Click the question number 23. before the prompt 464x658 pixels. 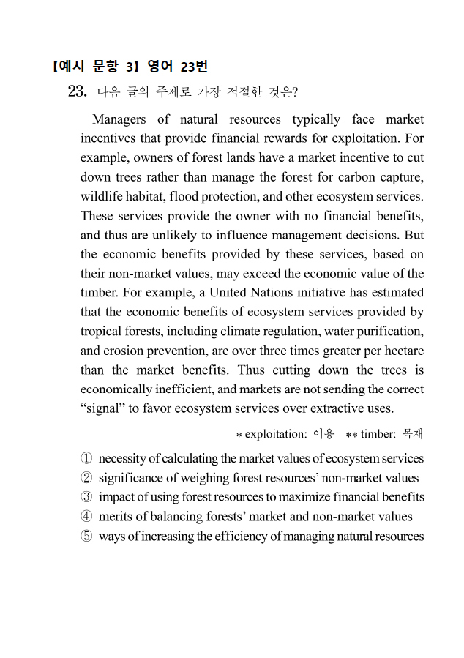click(x=78, y=91)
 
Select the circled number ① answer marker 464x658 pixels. click(x=86, y=459)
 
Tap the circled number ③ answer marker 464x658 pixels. click(x=86, y=498)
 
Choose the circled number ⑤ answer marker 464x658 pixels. click(x=86, y=537)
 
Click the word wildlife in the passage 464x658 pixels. click(x=100, y=197)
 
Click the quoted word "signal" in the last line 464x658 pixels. click(x=102, y=408)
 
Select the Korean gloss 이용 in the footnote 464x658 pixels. click(x=323, y=434)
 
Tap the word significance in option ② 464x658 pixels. click(x=130, y=478)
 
